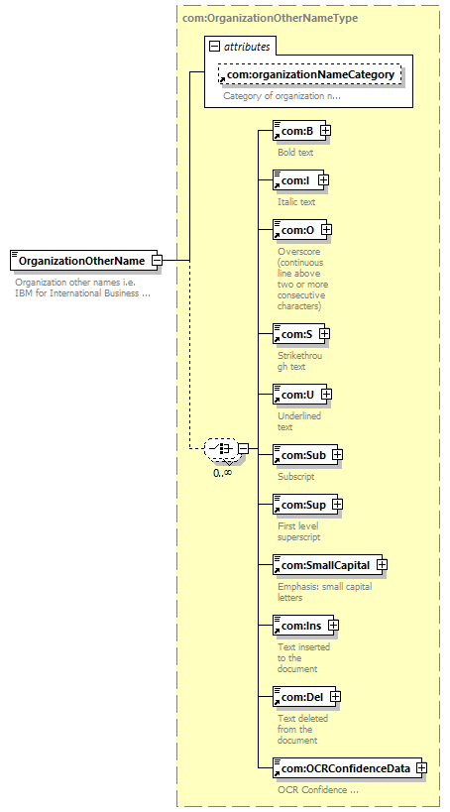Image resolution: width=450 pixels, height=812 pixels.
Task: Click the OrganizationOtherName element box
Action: (x=83, y=261)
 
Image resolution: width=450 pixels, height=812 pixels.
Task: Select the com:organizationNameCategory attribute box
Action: (x=309, y=74)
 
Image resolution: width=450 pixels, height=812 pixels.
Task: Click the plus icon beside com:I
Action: (x=324, y=180)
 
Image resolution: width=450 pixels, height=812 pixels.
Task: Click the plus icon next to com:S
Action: (x=325, y=334)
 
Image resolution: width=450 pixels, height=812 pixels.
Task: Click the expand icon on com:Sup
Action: (x=337, y=504)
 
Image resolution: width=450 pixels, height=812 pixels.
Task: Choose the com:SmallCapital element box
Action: (x=327, y=565)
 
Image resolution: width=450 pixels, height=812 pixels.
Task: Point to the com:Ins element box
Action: (x=303, y=626)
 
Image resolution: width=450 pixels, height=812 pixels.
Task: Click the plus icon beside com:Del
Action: (x=336, y=697)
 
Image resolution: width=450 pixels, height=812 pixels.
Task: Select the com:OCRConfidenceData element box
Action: (x=348, y=768)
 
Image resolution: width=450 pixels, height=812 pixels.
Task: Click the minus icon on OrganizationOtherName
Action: (x=157, y=261)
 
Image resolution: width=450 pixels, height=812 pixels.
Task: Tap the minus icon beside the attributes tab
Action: (x=214, y=47)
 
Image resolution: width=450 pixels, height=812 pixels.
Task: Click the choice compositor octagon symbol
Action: (x=222, y=448)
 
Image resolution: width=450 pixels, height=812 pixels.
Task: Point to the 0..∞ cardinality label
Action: (x=223, y=472)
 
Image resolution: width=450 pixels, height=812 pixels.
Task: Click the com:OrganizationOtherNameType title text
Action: (x=271, y=18)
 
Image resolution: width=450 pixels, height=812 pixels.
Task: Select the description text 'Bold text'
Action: (x=295, y=153)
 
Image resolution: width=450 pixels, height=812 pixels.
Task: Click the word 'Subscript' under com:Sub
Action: (x=295, y=477)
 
